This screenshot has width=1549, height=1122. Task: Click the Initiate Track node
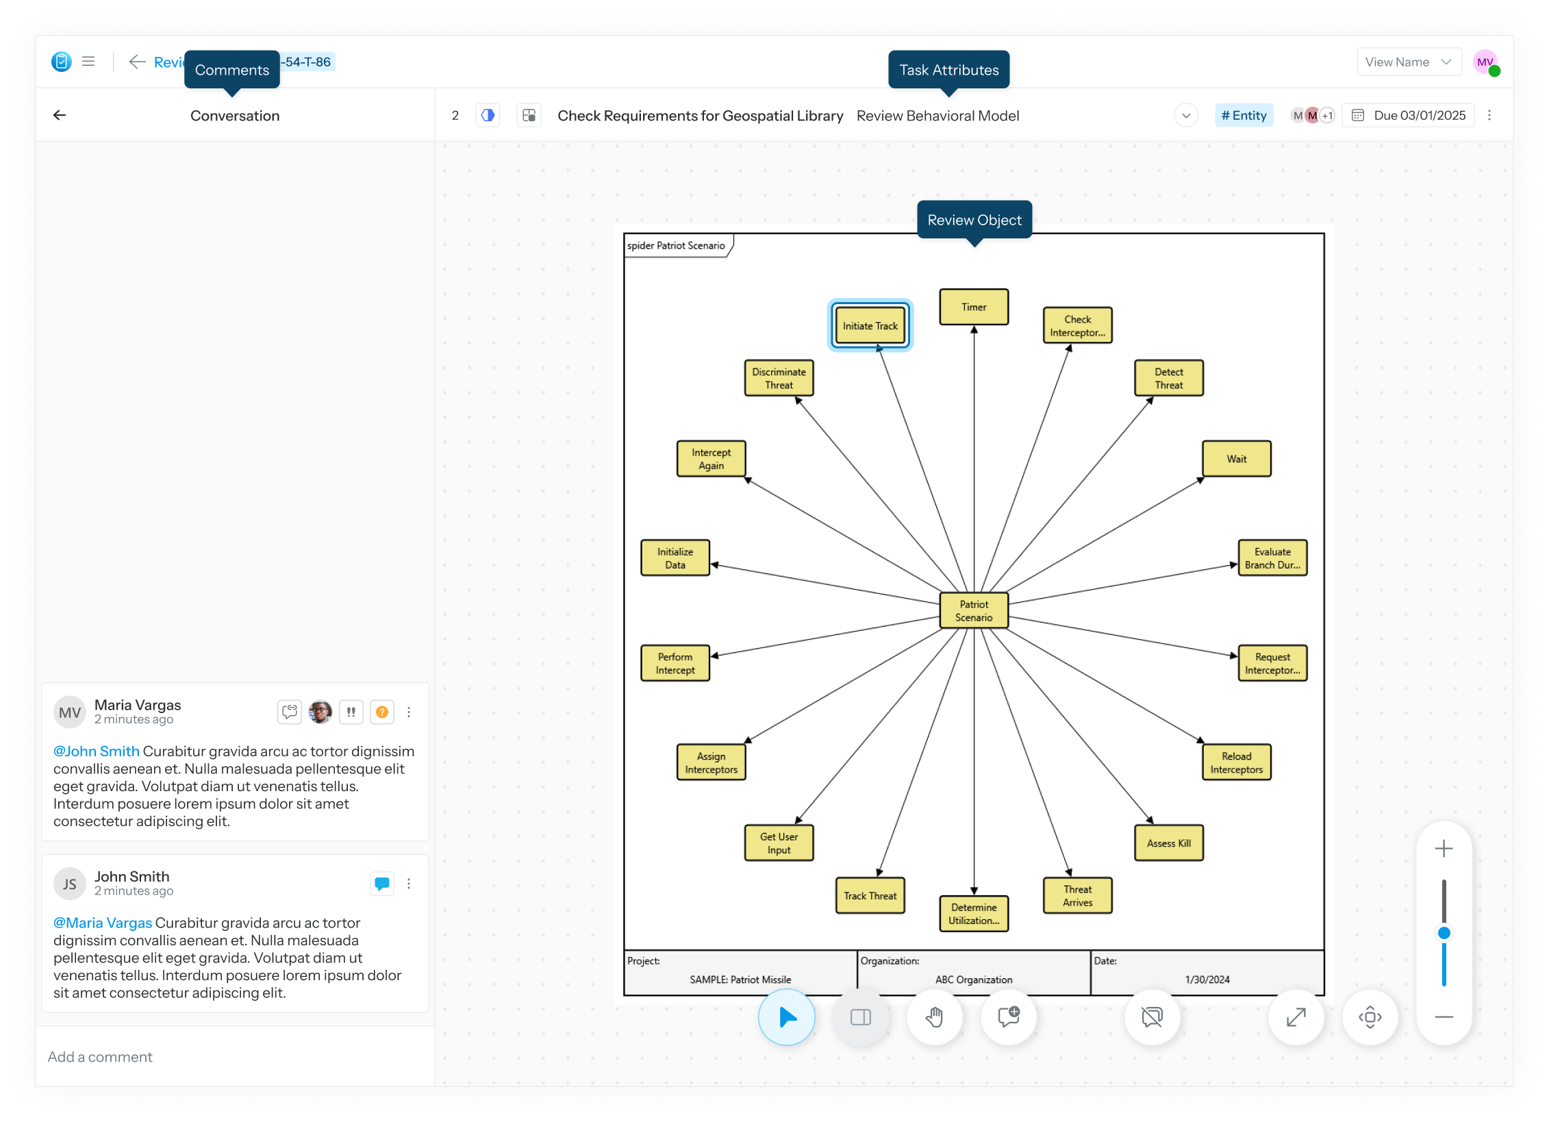870,326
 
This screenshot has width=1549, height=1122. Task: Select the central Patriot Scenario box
974,610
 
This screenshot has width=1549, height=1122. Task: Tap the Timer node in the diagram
974,307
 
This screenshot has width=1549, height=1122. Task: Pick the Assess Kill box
1168,843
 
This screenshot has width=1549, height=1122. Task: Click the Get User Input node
779,843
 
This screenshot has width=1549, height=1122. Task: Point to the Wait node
1236,459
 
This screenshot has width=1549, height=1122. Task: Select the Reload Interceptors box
1236,762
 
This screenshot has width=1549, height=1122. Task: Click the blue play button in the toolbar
787,1017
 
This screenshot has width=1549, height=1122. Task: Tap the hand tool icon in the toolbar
935,1017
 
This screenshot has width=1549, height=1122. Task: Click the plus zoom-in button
1444,849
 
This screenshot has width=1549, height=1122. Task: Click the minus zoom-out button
1444,1017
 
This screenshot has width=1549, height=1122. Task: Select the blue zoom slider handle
1444,933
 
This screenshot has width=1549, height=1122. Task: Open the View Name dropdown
1409,62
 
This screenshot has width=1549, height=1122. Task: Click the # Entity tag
1244,116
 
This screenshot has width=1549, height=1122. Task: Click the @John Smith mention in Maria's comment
97,751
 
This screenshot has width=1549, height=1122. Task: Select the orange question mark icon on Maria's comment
382,712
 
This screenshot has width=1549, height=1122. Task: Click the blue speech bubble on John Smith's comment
382,884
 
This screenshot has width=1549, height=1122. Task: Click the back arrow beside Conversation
60,115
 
